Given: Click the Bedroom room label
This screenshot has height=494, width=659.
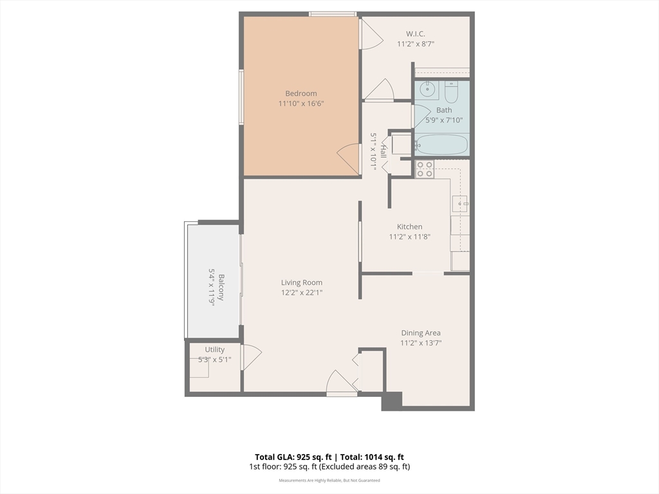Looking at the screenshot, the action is tap(301, 93).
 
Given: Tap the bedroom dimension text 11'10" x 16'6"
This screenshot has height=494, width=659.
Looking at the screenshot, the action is tap(301, 104).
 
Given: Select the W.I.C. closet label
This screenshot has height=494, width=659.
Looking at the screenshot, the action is tap(415, 33).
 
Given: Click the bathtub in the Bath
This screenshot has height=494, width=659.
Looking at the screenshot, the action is tap(441, 145).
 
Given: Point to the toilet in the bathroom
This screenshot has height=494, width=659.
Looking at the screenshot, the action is tap(451, 92).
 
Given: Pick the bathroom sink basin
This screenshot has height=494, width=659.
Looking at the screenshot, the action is tap(428, 89).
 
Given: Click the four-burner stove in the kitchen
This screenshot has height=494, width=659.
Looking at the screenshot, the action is tap(424, 169).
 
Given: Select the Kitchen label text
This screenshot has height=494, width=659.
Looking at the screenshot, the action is tap(409, 226).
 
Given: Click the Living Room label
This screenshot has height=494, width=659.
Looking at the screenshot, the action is tap(302, 283).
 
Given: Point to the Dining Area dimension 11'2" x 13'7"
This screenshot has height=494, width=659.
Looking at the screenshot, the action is tap(421, 343).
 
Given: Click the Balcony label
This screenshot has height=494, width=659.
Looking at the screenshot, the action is tap(221, 288).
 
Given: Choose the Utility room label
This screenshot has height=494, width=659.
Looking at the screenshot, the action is tap(215, 349).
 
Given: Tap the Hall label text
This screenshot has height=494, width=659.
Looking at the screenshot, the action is tap(384, 151).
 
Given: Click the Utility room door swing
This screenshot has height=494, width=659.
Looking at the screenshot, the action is tap(252, 357).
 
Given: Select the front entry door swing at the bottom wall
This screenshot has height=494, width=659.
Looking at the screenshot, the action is tap(341, 383).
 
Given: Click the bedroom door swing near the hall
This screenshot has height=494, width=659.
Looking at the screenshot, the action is tap(349, 160).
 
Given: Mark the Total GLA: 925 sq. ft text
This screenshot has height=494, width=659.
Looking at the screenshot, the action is tap(293, 457).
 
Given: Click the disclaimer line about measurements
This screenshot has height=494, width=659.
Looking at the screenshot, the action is tap(329, 480).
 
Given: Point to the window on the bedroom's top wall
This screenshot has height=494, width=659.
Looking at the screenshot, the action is tap(333, 14).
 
